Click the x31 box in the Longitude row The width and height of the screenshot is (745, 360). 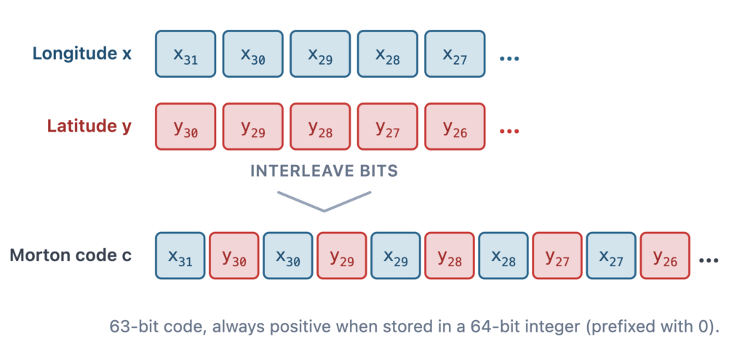[186, 54]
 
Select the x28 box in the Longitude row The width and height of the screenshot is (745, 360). [388, 54]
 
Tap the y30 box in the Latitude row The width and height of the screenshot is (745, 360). [186, 127]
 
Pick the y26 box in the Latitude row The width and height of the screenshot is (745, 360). [455, 127]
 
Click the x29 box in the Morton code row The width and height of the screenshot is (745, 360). [395, 255]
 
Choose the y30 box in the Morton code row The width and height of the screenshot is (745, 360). [234, 255]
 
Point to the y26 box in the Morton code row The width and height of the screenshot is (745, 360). [665, 255]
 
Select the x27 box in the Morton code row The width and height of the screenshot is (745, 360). [611, 255]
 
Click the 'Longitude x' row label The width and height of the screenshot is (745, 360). [81, 54]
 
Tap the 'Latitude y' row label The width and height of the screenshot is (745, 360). [89, 127]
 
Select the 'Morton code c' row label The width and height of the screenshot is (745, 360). [71, 255]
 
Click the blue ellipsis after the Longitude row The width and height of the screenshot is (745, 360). [509, 59]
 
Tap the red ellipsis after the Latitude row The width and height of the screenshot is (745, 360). [509, 132]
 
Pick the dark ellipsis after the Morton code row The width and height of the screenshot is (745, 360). [709, 260]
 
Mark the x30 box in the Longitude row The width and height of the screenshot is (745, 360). [252, 54]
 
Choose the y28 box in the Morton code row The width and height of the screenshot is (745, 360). [450, 255]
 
